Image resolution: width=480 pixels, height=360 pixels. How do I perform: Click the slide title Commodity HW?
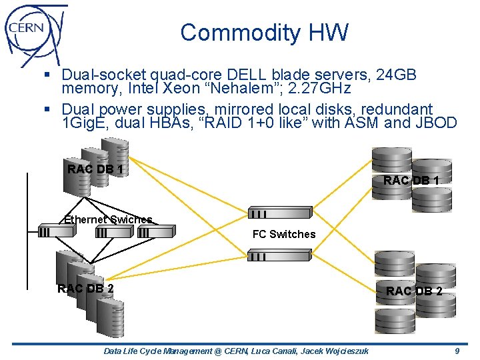(264, 33)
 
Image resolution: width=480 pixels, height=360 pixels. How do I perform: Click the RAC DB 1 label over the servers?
(95, 169)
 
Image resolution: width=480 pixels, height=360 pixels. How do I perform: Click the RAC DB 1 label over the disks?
(411, 180)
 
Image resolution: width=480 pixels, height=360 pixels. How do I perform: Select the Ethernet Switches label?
(108, 219)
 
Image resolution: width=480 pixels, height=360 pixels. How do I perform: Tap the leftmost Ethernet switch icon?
(56, 231)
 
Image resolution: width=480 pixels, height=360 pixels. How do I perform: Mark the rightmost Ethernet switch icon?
(155, 231)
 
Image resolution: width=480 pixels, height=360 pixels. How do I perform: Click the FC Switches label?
(283, 234)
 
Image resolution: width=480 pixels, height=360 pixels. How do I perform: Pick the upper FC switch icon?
(279, 213)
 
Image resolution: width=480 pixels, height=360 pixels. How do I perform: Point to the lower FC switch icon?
(279, 255)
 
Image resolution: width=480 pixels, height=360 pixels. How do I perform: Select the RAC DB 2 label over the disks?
(413, 291)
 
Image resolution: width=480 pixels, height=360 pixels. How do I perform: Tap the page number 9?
(457, 351)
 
